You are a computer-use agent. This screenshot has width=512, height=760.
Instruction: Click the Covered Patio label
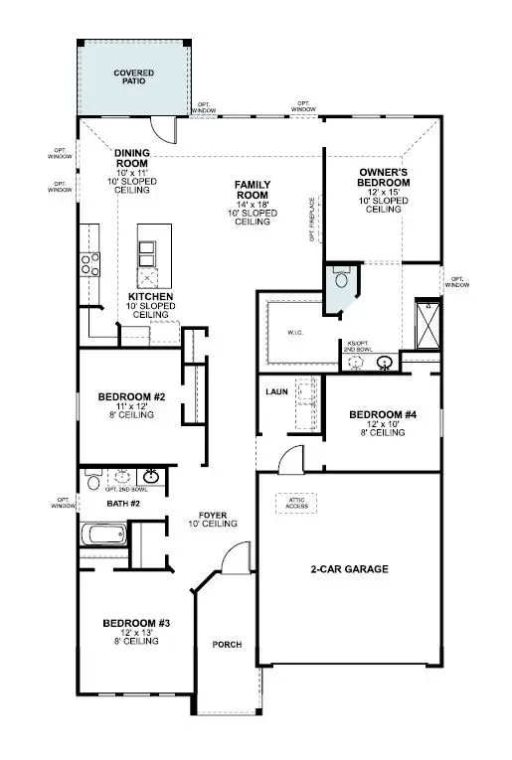(133, 77)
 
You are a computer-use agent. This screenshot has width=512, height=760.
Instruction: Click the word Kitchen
(151, 297)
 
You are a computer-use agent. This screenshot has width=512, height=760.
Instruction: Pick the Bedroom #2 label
(131, 398)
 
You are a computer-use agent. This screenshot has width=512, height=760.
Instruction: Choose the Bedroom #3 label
(137, 623)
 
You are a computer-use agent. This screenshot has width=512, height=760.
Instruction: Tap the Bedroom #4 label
(382, 414)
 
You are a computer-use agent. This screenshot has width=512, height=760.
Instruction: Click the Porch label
(228, 644)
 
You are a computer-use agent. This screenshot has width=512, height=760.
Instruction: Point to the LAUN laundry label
(276, 391)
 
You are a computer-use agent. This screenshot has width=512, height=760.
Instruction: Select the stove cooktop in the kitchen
(91, 263)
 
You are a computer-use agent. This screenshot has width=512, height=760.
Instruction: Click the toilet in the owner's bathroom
(341, 276)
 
